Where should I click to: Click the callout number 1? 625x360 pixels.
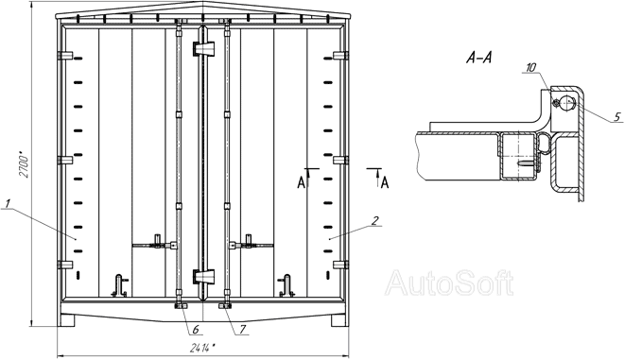pos(8,203)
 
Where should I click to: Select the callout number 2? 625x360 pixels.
pos(375,220)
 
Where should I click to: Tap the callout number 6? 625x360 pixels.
pos(196,330)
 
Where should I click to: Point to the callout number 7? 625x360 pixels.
pos(242,330)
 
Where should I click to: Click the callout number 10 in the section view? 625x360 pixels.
pos(531,68)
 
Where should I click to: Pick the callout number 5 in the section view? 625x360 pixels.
pos(617,116)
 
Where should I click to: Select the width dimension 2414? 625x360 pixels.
pos(202,349)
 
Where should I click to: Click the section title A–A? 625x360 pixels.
pos(479,59)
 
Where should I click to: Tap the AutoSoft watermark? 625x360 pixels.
pos(449,283)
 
